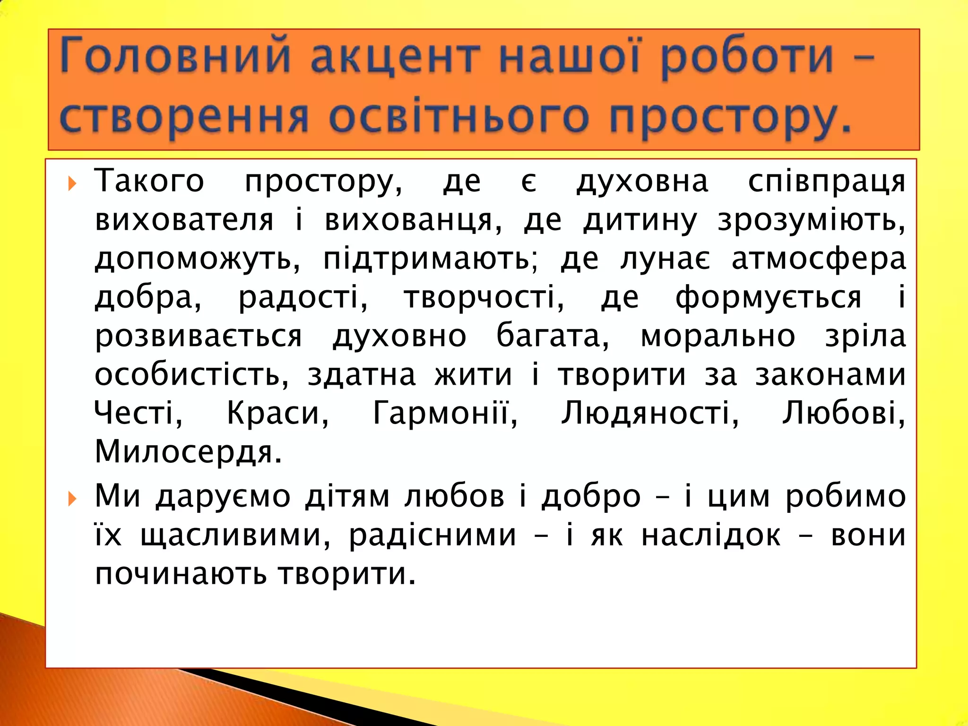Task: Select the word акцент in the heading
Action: [395, 58]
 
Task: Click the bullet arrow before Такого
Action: [72, 183]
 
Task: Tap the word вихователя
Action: [184, 220]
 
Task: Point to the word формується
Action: [768, 298]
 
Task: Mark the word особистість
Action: [191, 375]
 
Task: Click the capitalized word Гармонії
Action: [444, 413]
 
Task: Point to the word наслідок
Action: [711, 536]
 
